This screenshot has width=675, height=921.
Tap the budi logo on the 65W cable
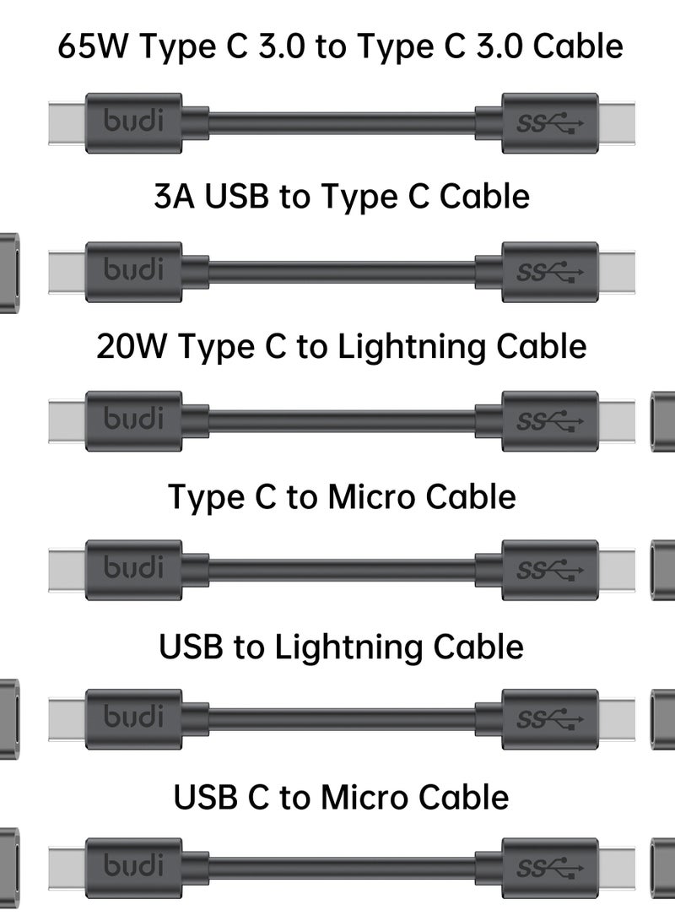coord(133,122)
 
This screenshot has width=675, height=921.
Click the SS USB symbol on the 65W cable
coord(549,123)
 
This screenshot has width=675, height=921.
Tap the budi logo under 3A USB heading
coord(133,271)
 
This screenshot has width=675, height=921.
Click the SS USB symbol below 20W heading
coord(549,421)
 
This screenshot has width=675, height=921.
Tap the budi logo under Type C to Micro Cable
coord(133,569)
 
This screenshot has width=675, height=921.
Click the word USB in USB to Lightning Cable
coord(192,647)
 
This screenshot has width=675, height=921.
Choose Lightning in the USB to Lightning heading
coord(348,647)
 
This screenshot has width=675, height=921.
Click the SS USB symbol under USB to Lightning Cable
coord(549,720)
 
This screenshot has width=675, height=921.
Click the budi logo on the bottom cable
coord(133,867)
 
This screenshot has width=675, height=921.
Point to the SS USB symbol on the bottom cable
coord(549,869)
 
